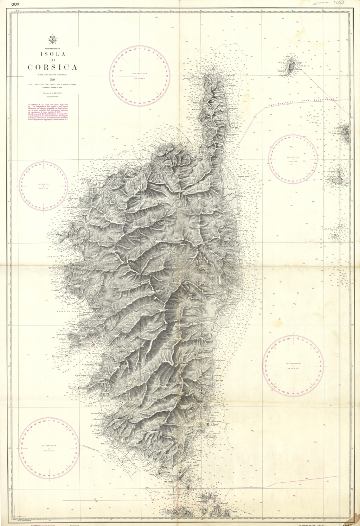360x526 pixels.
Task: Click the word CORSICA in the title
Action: point(53,67)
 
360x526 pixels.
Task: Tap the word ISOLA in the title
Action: point(53,54)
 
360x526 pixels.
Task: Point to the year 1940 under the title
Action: point(52,80)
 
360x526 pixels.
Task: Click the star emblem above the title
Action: point(52,39)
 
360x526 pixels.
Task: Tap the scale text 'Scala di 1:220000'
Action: point(52,93)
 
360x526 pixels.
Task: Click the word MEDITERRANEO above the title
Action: point(52,48)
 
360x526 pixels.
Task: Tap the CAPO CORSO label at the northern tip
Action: point(210,66)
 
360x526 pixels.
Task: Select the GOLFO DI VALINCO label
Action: point(98,406)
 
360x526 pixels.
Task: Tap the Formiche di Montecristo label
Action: point(329,229)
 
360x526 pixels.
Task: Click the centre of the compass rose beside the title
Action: point(140,77)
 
